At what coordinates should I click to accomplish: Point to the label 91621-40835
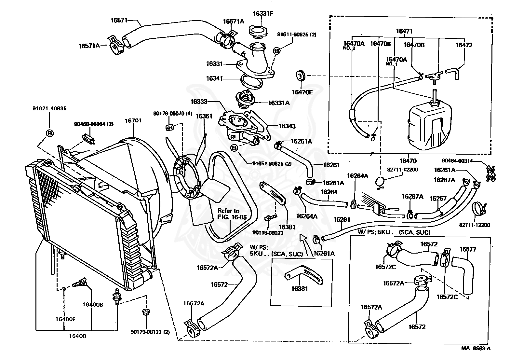49,108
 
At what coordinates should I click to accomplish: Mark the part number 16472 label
463,45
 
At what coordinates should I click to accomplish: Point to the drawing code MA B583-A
476,348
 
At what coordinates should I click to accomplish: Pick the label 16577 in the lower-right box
468,249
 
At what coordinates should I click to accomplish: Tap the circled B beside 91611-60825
276,51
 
